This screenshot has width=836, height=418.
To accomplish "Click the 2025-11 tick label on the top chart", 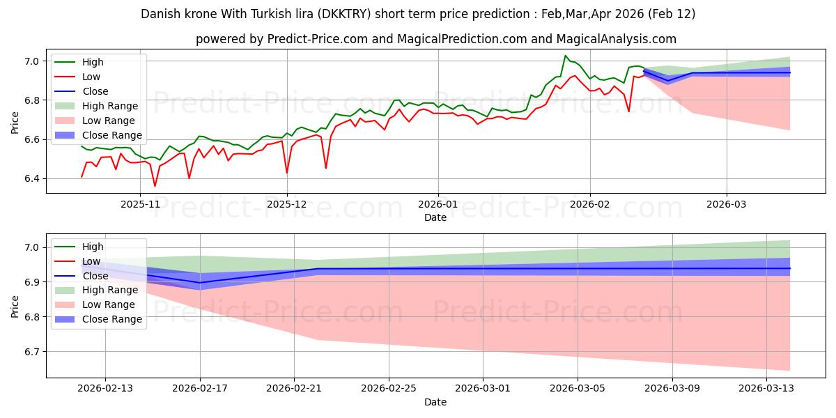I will (x=140, y=204).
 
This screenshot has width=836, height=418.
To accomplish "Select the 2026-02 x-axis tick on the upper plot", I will (x=590, y=204).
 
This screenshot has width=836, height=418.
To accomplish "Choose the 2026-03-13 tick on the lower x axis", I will (x=766, y=389).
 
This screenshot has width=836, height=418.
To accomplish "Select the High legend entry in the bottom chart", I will (x=93, y=247).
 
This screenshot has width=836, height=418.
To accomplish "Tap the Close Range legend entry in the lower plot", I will (x=111, y=320).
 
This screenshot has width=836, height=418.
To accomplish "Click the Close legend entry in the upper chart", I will (x=95, y=91).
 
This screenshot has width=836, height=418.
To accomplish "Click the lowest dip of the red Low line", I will (x=155, y=186).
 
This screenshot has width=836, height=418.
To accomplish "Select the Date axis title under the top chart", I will (x=435, y=217).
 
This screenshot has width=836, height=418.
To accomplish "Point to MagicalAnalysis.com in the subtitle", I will (x=616, y=39).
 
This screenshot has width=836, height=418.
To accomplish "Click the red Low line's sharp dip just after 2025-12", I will (x=287, y=173).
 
